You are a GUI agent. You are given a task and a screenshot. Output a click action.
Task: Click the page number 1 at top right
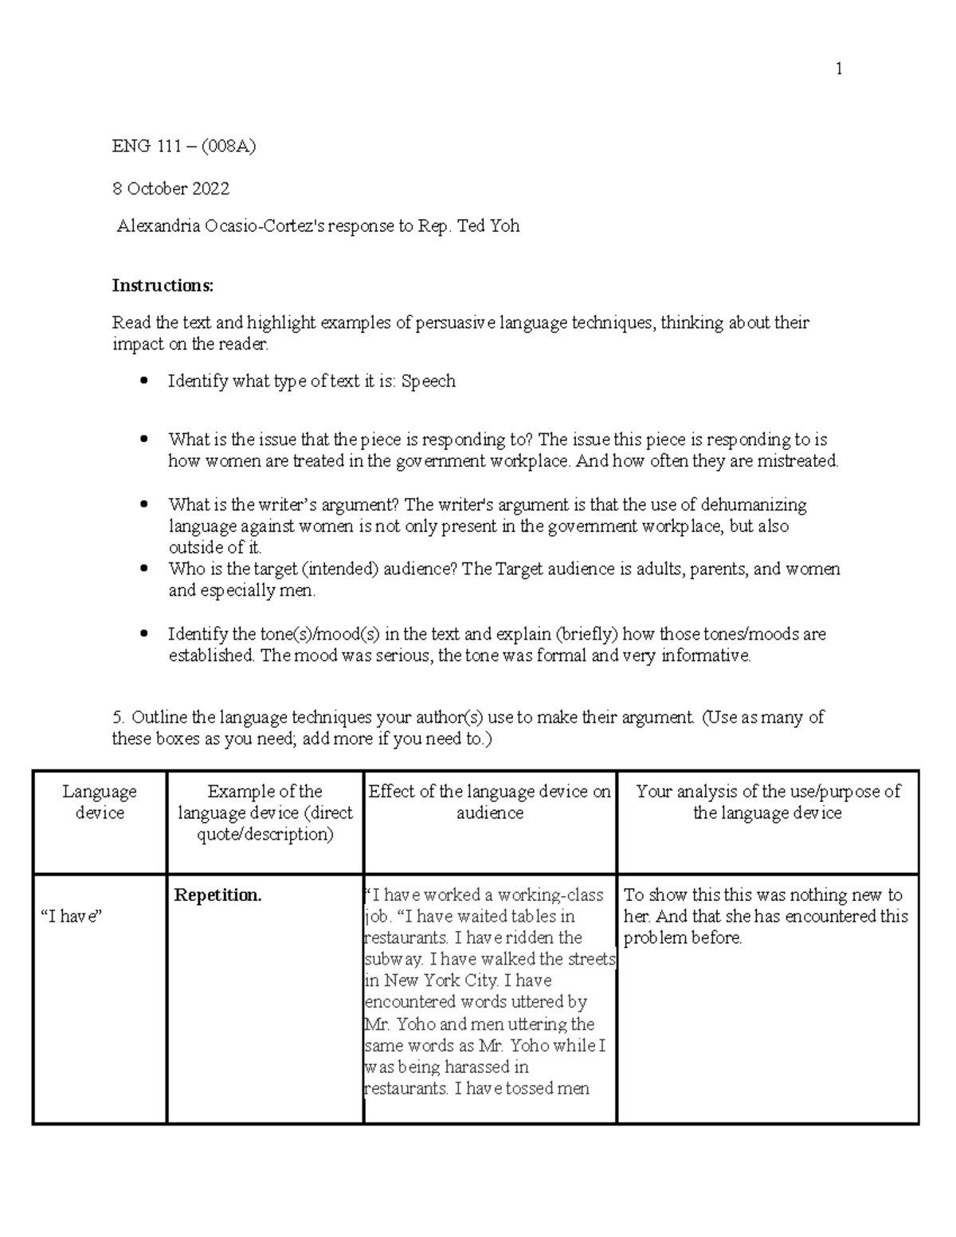(838, 69)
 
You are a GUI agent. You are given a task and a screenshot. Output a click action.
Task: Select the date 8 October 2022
(170, 189)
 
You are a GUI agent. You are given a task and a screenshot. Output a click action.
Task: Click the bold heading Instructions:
(163, 285)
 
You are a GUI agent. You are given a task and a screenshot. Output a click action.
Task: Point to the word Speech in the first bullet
(428, 382)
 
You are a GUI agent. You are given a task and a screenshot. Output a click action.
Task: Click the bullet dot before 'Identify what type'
(143, 382)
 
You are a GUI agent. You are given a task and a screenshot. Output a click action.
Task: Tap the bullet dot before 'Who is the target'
(143, 570)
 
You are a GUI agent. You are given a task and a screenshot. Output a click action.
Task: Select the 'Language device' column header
(100, 802)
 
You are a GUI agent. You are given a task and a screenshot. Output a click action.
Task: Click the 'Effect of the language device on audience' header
(489, 802)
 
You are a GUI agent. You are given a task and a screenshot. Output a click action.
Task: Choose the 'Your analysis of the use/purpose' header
(767, 802)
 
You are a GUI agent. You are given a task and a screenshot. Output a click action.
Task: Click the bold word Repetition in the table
(217, 895)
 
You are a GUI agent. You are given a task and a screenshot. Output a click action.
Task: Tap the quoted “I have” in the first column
(72, 917)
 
